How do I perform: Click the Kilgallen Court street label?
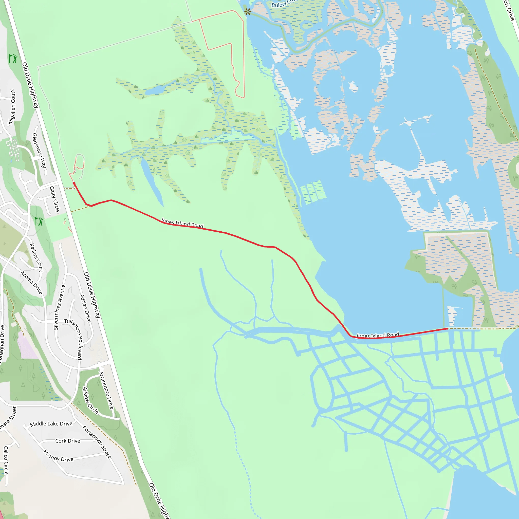[12, 107]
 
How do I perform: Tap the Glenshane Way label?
[39, 151]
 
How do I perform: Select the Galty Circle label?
[54, 199]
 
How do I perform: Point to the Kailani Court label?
[36, 257]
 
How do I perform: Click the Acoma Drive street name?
[31, 282]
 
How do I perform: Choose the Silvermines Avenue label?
[60, 307]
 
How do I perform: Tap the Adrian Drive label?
[85, 308]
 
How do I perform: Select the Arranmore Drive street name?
[106, 391]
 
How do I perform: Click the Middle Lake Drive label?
[51, 424]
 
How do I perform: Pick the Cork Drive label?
[68, 441]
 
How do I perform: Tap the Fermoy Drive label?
[58, 456]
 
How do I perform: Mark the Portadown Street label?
[97, 442]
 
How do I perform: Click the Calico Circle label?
[6, 460]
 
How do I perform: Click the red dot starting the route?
[74, 183]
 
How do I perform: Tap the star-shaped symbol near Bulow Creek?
[248, 12]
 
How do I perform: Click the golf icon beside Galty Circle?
[39, 221]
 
